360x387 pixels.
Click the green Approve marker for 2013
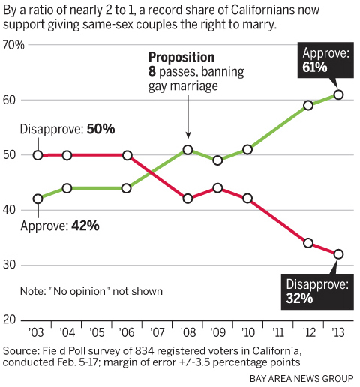click(338, 94)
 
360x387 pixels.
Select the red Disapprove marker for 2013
click(338, 254)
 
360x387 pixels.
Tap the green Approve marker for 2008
click(187, 150)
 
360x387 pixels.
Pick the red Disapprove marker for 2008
click(187, 199)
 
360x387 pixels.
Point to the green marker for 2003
click(38, 199)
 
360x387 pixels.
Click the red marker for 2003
click(38, 155)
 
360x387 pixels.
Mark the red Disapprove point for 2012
click(308, 243)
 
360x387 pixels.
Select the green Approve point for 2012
click(308, 105)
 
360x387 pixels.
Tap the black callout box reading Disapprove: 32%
click(316, 290)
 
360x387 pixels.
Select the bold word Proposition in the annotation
click(181, 57)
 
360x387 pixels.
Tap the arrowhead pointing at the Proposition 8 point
click(187, 140)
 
